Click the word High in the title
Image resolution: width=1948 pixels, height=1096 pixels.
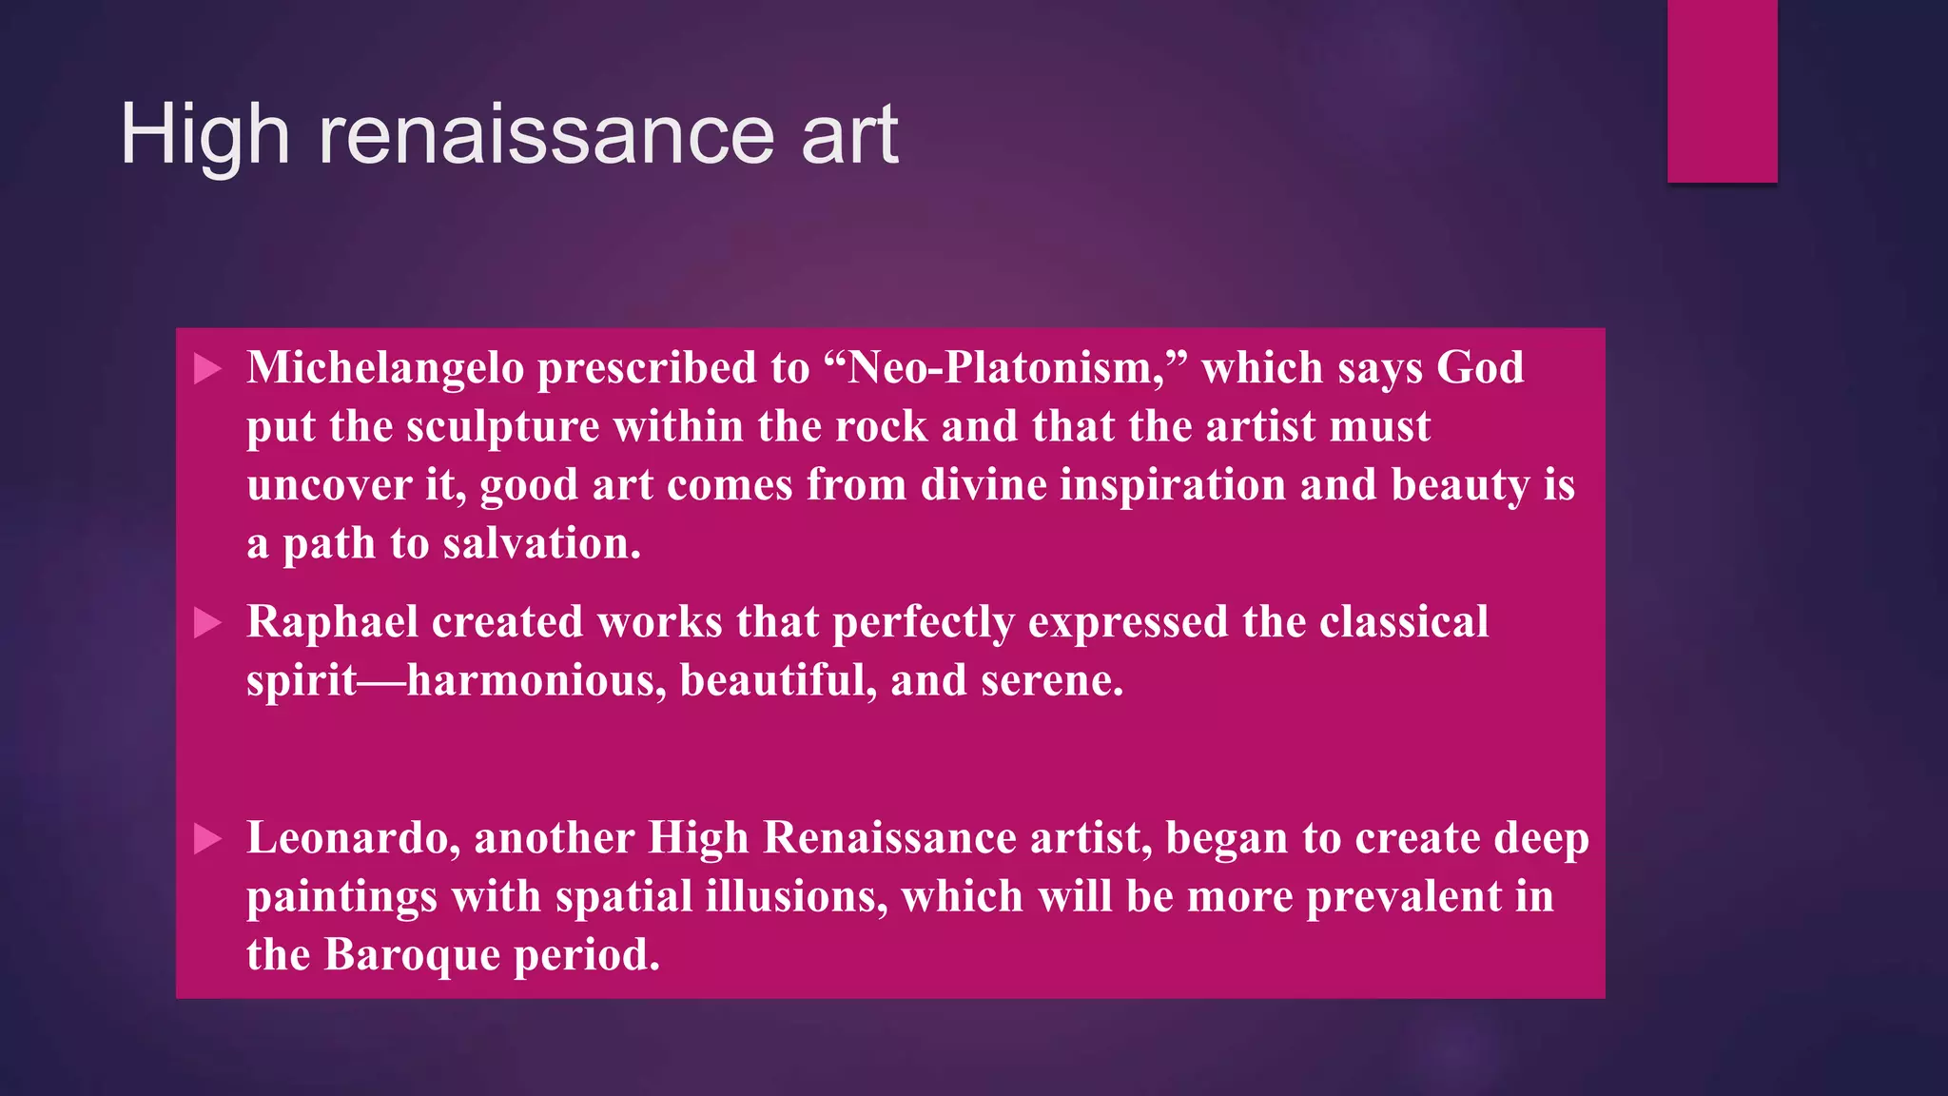click(x=205, y=135)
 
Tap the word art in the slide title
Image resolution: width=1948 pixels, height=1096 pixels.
click(x=849, y=135)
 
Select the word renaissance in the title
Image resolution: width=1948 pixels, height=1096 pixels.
click(x=545, y=135)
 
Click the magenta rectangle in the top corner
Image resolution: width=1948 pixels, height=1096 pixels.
click(x=1722, y=90)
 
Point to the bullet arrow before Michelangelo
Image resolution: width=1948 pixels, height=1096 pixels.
click(x=207, y=369)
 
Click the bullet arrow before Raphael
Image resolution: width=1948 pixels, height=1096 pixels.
click(x=207, y=623)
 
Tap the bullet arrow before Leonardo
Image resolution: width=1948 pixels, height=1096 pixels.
click(x=207, y=839)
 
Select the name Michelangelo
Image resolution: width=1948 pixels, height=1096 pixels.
click(x=385, y=368)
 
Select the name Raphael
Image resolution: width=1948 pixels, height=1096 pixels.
click(x=332, y=622)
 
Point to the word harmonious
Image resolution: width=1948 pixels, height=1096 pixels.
click(x=536, y=681)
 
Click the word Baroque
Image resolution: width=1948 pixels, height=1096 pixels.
click(x=412, y=955)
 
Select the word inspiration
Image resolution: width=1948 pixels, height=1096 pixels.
click(x=1173, y=485)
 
